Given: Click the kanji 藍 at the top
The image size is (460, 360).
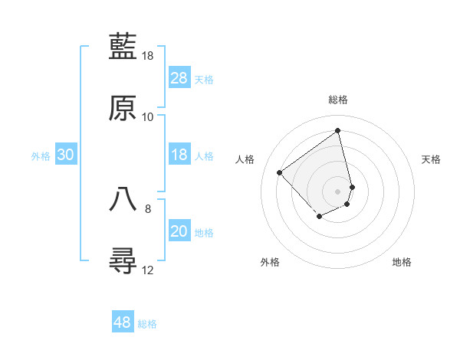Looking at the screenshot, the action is [x=123, y=46].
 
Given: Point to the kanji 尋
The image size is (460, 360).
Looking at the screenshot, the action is [x=123, y=260].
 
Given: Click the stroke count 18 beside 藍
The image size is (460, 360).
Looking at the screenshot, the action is [x=148, y=56].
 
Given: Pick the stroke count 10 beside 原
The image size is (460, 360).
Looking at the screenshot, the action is [x=148, y=117].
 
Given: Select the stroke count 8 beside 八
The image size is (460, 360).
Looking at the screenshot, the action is [x=148, y=208].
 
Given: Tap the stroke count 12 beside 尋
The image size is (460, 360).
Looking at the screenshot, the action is [x=148, y=270].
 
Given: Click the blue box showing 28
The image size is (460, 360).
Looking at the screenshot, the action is [x=179, y=78].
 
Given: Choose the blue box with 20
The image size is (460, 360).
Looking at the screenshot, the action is [x=179, y=231].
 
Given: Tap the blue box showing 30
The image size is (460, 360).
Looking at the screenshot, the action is [x=66, y=155].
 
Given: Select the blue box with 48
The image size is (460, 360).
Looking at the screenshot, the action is [x=123, y=322].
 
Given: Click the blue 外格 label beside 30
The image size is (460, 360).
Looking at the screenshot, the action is [x=41, y=156].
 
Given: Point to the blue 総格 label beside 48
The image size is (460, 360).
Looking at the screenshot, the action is [x=147, y=324].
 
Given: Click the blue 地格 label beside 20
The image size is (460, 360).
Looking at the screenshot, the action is [x=204, y=233].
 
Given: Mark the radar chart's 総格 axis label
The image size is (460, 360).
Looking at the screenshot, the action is [x=338, y=100].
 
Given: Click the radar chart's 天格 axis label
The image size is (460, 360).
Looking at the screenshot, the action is [x=432, y=159].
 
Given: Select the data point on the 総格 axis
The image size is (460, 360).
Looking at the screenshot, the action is [x=337, y=130].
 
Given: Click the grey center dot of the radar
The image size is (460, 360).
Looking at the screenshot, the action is [x=337, y=190].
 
